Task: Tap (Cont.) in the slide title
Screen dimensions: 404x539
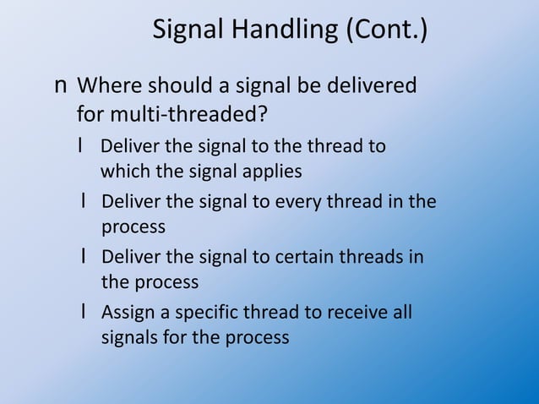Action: click(x=385, y=32)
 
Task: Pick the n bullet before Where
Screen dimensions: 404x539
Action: click(x=61, y=87)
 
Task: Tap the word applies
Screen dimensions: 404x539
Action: click(x=275, y=172)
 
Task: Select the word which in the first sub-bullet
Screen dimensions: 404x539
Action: click(x=121, y=172)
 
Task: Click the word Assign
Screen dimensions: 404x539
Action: click(x=125, y=313)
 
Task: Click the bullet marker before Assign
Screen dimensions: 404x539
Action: click(x=84, y=313)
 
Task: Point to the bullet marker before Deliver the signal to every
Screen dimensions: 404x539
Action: click(x=84, y=202)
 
